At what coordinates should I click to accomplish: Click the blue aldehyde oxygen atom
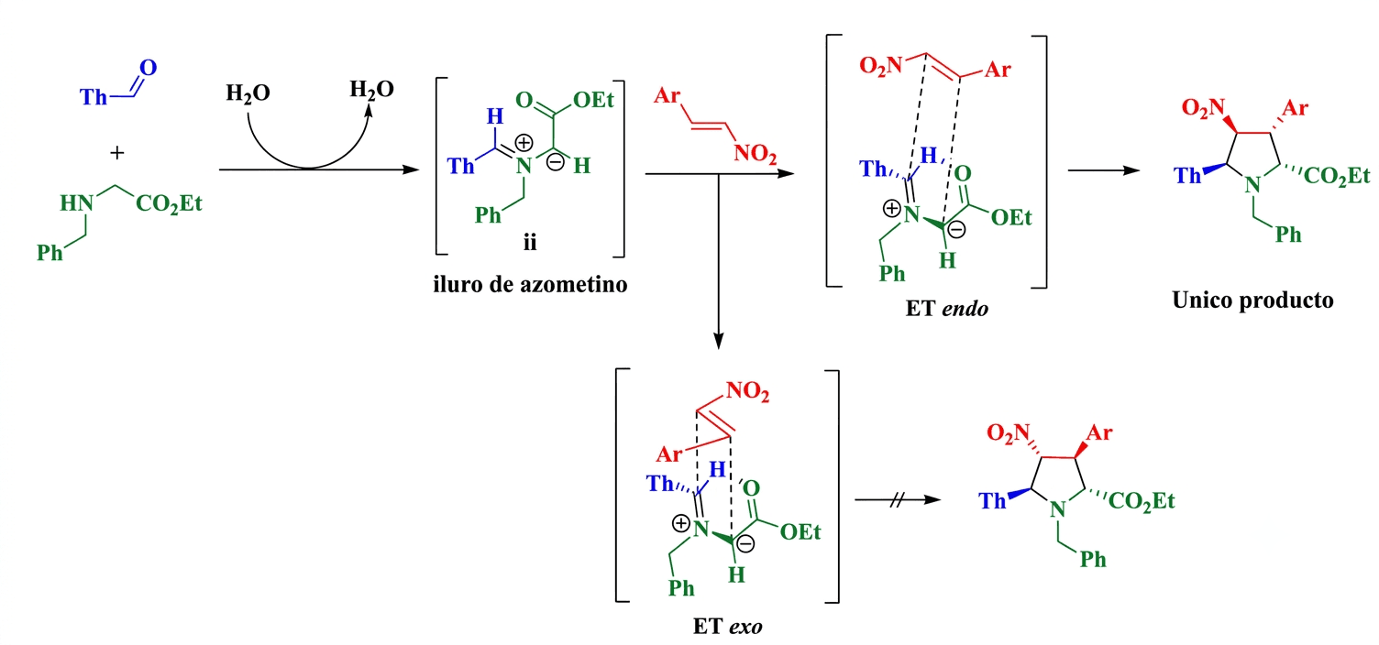149,68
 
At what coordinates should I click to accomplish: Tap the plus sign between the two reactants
117,152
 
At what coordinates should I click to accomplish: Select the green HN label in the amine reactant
76,202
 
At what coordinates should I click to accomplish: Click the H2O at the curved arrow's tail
248,93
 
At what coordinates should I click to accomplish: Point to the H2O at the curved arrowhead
372,90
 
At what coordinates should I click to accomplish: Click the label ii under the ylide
530,242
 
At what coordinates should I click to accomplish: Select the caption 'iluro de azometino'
530,284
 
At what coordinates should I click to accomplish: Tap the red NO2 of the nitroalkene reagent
755,153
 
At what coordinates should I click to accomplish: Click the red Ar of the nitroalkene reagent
667,95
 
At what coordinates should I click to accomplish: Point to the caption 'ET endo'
947,308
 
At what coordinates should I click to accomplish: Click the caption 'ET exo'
728,626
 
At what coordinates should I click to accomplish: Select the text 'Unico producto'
1252,301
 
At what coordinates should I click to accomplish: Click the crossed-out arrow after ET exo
899,500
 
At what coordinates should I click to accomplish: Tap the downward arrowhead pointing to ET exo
718,341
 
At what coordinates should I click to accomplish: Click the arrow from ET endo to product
1104,170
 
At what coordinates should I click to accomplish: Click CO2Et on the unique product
1337,177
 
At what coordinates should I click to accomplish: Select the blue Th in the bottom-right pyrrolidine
992,501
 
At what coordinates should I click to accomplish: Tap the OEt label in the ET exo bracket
800,532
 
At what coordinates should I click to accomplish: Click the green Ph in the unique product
1288,235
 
